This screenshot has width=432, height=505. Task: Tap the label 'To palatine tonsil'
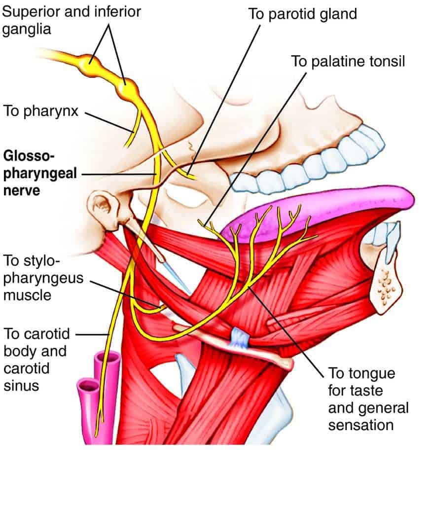[348, 62]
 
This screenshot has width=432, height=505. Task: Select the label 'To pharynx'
[41, 110]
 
